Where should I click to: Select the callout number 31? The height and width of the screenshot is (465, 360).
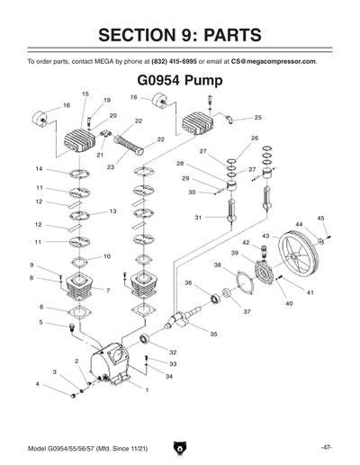(198, 218)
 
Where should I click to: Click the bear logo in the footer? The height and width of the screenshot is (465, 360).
(180, 445)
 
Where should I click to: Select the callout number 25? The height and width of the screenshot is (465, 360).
(258, 118)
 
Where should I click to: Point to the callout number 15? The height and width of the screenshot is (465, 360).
(85, 94)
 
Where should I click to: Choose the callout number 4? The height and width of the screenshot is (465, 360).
(37, 384)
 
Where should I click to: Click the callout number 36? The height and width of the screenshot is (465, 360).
(188, 283)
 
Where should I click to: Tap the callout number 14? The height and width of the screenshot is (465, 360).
(39, 169)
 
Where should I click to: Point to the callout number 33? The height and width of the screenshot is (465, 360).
(173, 364)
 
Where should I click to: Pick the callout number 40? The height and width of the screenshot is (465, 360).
(290, 304)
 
